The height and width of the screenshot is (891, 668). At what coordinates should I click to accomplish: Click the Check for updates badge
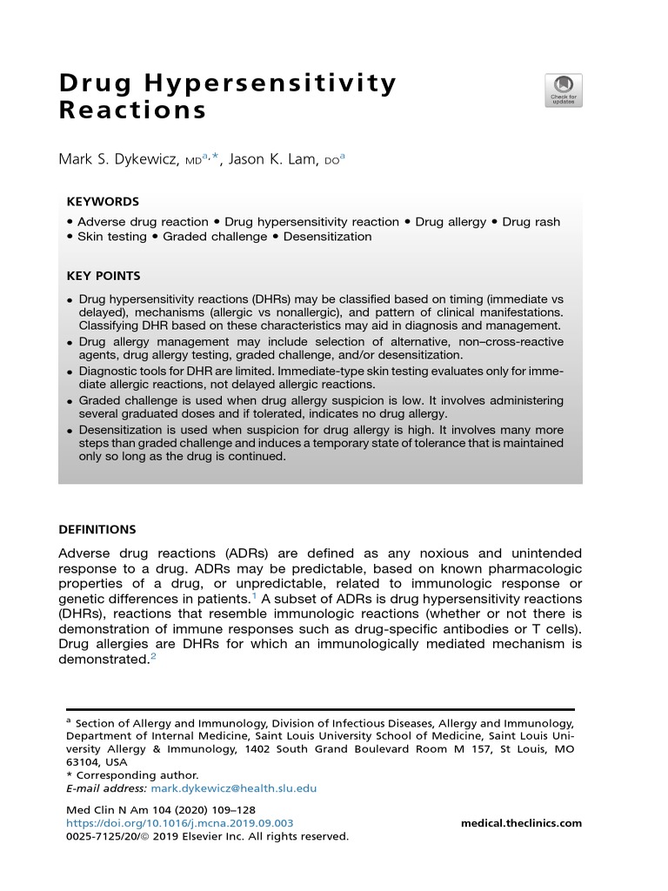tap(564, 90)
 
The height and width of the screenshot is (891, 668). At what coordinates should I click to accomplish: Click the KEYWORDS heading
tap(103, 201)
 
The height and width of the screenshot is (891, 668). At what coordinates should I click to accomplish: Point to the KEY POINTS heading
tap(104, 276)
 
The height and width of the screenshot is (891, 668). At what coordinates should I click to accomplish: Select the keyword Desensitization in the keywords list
tap(327, 236)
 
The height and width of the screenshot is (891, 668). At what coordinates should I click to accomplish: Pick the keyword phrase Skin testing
tap(110, 236)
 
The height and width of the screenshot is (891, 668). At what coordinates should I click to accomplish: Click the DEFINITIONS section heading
tap(97, 529)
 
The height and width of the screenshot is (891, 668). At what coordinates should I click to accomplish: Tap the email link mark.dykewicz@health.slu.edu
tap(234, 788)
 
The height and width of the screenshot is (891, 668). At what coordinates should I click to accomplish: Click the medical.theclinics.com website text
tap(520, 823)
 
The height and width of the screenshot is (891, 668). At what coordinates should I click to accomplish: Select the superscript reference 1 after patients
tap(254, 595)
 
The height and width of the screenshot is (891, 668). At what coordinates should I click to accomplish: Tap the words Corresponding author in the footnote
tap(137, 775)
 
